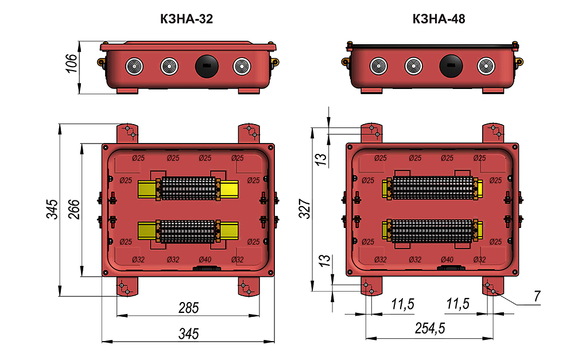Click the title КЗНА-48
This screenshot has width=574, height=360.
[x=439, y=19]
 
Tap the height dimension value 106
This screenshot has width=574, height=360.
[x=71, y=65]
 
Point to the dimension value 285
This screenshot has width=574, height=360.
[x=188, y=308]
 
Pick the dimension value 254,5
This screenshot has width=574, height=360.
[x=429, y=328]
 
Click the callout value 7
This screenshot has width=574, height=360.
[x=537, y=297]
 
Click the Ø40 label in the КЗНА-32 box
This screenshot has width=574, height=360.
[x=205, y=260]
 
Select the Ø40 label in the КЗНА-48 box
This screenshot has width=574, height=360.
[x=448, y=260]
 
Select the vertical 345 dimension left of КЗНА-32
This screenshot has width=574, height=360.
[x=52, y=211]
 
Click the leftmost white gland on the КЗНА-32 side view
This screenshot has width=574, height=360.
[x=134, y=67]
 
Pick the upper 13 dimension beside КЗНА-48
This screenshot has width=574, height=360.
[x=323, y=153]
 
